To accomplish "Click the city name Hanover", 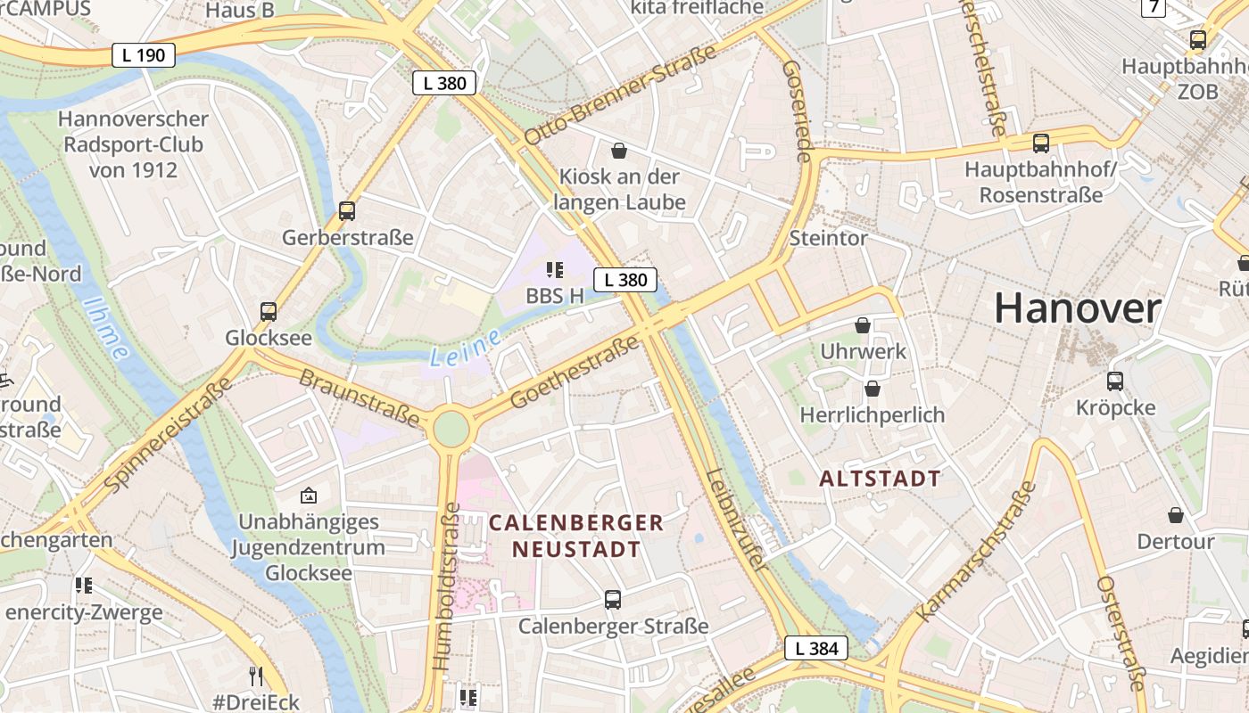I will (1077, 308).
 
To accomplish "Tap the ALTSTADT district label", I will (880, 479).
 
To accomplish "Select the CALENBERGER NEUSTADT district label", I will (576, 536).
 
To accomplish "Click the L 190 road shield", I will (144, 55).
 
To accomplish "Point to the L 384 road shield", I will (816, 649).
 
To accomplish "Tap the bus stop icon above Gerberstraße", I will (347, 211).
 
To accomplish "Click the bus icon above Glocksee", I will (269, 312).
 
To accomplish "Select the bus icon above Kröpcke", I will (1115, 381).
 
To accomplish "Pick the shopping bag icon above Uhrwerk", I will (863, 325).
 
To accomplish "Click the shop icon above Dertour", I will (1176, 515).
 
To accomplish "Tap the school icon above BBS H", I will (555, 269).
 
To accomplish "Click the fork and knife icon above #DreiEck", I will (256, 676).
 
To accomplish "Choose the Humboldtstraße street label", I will (446, 586).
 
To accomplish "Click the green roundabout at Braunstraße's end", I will (451, 429).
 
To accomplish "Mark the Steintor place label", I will (828, 238).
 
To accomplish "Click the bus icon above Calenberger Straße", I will (612, 599).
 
